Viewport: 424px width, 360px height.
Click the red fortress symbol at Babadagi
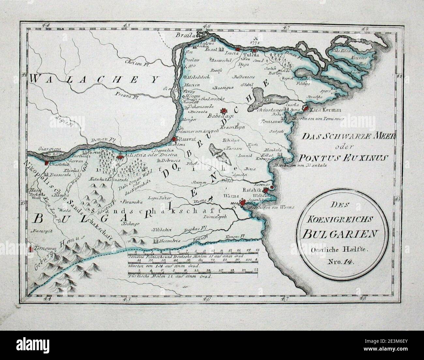coord(224,111)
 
